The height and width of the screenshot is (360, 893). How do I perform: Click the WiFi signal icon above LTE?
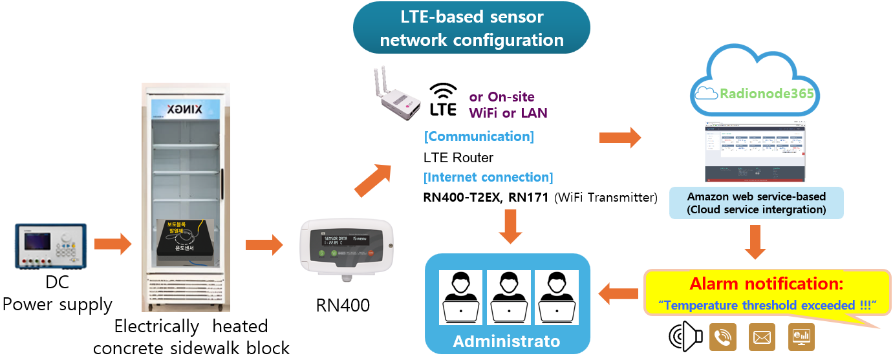click(444, 89)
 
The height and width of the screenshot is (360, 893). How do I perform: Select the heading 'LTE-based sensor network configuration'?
click(471, 28)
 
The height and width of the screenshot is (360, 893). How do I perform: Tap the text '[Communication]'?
click(479, 136)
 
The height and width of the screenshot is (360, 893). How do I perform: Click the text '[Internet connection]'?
click(488, 177)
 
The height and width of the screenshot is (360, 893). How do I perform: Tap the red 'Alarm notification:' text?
click(766, 284)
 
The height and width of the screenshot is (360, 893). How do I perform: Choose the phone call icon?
click(723, 336)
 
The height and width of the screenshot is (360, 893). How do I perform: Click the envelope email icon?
click(762, 337)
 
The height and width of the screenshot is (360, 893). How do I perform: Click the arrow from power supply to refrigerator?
click(113, 244)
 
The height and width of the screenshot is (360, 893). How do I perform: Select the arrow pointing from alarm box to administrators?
click(618, 294)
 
